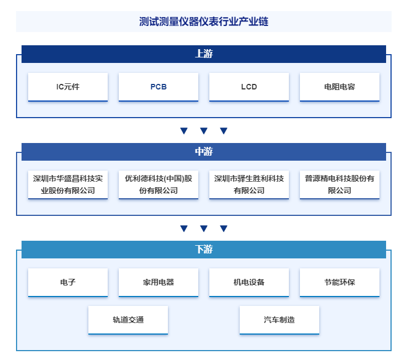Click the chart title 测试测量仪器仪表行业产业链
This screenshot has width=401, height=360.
204,22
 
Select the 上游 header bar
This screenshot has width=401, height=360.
204,54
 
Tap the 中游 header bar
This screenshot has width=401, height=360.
204,152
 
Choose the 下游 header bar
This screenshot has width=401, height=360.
204,249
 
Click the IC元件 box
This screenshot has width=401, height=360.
68,87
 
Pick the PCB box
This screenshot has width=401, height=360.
159,87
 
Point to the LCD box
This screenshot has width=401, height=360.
249,87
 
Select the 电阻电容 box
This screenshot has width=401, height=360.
339,87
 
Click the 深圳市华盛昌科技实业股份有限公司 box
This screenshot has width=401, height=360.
68,184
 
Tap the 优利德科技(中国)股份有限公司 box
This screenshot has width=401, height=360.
159,184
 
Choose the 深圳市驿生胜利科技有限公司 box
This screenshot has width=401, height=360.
249,184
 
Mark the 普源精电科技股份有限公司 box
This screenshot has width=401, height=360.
339,184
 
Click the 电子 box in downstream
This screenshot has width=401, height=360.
68,282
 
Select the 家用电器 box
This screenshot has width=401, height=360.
159,282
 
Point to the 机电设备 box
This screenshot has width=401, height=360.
249,282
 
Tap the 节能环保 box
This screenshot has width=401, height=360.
339,282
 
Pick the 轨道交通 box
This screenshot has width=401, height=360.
128,320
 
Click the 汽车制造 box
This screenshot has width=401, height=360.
279,320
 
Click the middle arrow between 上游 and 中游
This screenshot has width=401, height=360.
204,131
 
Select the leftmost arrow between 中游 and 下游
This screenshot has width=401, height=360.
184,229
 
